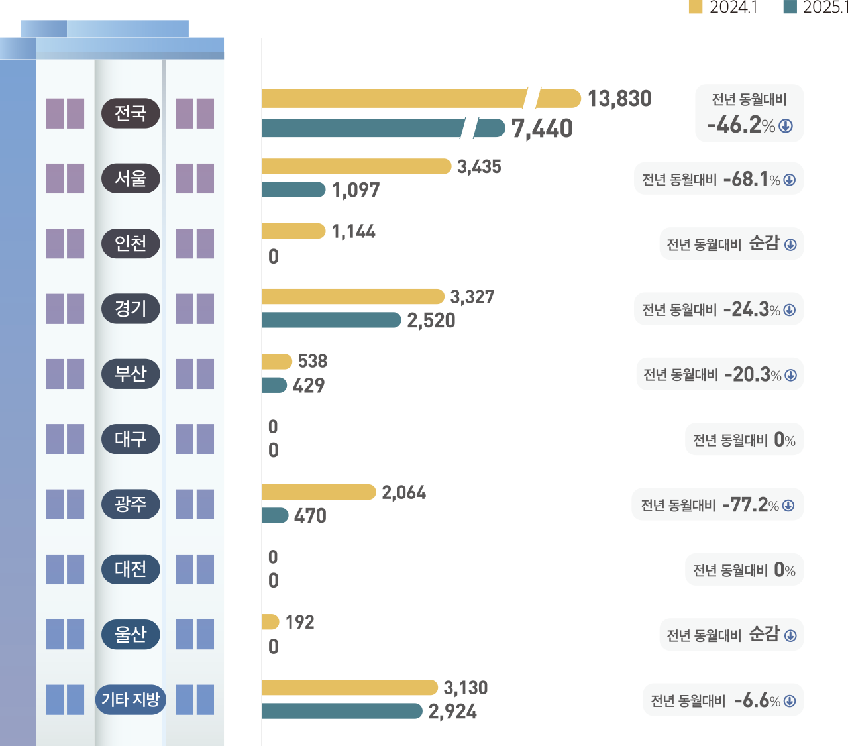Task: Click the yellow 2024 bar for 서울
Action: click(356, 166)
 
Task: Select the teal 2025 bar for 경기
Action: click(331, 320)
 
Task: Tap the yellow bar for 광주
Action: click(319, 492)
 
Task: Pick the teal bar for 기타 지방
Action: click(342, 711)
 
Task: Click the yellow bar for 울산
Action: click(270, 622)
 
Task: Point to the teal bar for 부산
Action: click(274, 385)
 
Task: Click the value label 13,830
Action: click(619, 99)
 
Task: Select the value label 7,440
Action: click(542, 129)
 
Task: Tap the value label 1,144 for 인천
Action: click(354, 231)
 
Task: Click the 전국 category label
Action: click(131, 113)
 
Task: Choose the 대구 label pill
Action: click(131, 439)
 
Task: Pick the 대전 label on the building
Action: click(131, 569)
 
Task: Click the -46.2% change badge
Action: click(749, 113)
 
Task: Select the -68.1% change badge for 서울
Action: click(719, 179)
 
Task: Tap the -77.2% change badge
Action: click(717, 505)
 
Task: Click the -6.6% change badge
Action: click(723, 700)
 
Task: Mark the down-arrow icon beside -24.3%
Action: click(790, 310)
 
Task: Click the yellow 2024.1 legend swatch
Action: click(696, 7)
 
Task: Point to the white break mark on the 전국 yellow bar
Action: click(531, 98)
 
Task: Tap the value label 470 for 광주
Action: click(310, 516)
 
